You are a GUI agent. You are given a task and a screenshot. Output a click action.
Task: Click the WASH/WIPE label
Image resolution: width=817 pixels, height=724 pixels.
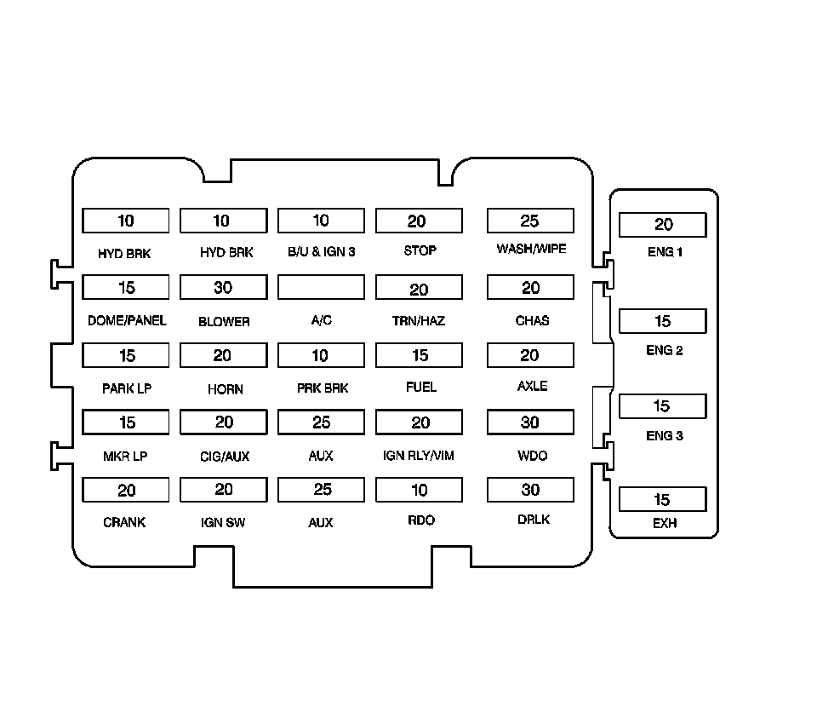click(531, 250)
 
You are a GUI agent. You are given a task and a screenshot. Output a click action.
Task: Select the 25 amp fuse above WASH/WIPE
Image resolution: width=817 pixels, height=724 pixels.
click(530, 221)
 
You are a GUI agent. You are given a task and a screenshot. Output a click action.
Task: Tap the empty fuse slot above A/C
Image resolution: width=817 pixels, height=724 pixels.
click(321, 287)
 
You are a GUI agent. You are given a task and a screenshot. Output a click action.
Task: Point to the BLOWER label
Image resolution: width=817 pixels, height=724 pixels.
click(224, 322)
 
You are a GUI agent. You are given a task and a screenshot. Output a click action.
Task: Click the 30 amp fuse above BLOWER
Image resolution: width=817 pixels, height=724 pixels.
click(223, 288)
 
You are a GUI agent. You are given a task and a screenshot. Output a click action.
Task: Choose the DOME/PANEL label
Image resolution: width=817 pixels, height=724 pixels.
click(127, 321)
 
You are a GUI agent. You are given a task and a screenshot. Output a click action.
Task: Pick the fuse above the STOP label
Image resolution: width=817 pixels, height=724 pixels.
click(419, 221)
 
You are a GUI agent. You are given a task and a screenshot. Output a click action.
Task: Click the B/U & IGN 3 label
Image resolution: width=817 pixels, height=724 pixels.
click(321, 252)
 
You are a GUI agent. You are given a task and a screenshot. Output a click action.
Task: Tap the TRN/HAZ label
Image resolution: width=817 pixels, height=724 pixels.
click(420, 321)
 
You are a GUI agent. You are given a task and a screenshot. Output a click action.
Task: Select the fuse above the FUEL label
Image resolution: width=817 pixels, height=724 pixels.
click(419, 355)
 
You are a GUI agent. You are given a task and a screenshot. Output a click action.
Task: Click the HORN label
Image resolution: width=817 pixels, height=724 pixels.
click(225, 389)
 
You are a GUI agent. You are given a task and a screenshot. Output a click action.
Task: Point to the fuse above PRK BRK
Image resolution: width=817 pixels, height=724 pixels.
click(321, 355)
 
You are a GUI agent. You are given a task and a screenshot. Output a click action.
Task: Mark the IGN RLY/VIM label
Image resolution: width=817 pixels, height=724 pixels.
click(419, 456)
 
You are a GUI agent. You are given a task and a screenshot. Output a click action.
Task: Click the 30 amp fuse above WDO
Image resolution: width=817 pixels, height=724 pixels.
click(530, 422)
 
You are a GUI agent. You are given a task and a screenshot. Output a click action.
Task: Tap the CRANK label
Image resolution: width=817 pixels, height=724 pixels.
click(124, 522)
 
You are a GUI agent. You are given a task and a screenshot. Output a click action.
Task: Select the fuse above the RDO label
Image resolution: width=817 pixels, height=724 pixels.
click(419, 490)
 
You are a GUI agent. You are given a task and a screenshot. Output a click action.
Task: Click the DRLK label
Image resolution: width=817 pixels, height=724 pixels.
click(533, 520)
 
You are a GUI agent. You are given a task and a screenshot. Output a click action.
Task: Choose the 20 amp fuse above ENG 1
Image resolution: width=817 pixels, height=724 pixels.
click(662, 225)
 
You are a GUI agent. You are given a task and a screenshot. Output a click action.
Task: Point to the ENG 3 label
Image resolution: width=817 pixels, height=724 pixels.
click(665, 436)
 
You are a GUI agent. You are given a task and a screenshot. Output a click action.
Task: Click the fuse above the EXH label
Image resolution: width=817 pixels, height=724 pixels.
click(662, 499)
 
